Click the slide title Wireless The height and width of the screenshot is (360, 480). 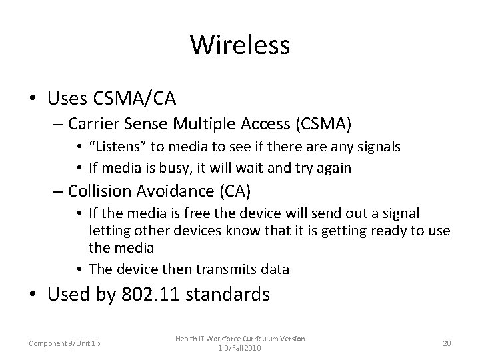coord(240,45)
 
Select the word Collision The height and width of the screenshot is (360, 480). coord(99,192)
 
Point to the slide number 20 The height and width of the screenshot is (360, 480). coord(447,343)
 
